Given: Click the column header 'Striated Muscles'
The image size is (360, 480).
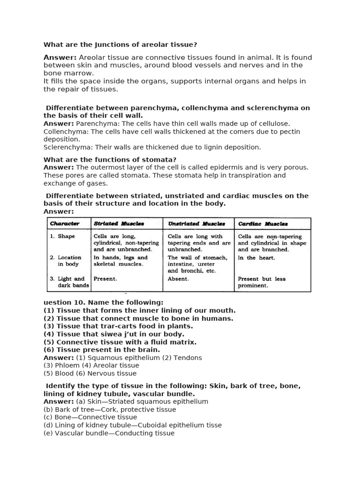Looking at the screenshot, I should coord(119,224).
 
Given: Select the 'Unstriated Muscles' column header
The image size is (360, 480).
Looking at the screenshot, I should coord(196,224).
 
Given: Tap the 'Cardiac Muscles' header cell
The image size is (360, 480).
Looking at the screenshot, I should coord(262,224).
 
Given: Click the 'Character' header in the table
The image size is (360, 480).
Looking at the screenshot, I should coord(65,224).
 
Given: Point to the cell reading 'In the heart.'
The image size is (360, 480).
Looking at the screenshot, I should coord(256,258).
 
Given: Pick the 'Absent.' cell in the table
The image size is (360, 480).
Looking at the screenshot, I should coord(178,279).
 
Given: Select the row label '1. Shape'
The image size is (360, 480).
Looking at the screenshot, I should coord(62,237).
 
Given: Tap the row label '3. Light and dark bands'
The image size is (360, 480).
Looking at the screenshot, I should coord(69,282).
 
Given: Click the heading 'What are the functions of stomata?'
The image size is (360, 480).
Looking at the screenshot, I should coord(110,160).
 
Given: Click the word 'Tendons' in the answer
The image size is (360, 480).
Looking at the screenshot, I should coord(187,358).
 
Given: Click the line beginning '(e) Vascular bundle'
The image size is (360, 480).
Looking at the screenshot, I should coord(109,433).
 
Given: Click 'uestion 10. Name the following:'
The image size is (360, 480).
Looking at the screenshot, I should coord(104,302).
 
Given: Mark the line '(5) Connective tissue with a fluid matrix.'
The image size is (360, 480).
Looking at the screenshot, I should coord(120,342).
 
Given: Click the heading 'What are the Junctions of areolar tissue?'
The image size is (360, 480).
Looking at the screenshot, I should coord(120,45).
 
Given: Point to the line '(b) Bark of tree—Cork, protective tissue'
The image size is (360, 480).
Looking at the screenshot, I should coord(110,409).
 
